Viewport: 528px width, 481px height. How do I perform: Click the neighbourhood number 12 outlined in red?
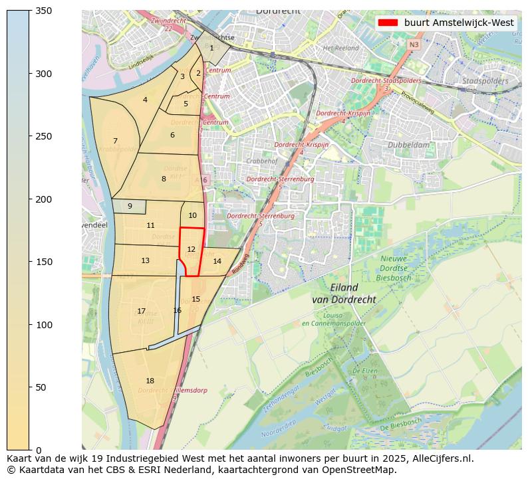(191, 250)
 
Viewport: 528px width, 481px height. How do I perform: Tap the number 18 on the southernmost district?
(150, 381)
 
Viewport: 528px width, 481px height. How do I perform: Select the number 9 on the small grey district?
(130, 207)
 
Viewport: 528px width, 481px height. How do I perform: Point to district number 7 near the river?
(115, 141)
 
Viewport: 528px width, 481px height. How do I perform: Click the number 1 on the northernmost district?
(211, 48)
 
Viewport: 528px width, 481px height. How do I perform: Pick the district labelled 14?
(217, 262)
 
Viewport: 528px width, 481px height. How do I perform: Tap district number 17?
(141, 311)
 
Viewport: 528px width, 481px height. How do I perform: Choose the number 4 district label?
(145, 100)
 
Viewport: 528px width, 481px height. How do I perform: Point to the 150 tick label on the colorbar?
(43, 262)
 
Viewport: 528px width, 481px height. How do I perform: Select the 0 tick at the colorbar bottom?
(37, 450)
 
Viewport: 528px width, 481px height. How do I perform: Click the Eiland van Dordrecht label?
(343, 294)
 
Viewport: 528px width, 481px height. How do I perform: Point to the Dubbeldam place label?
(408, 144)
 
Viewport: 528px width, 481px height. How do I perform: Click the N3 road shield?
(414, 45)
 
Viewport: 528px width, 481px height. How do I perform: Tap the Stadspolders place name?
(485, 81)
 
